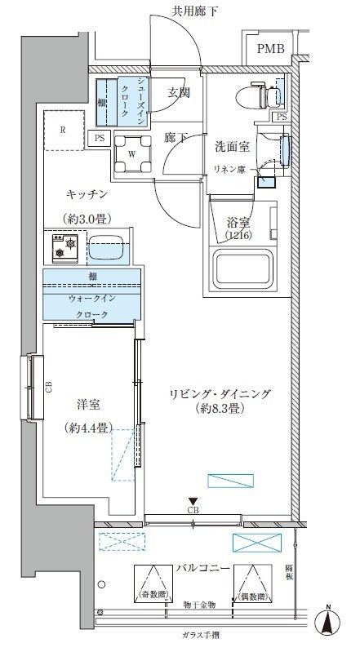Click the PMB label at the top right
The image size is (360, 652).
(x=271, y=49)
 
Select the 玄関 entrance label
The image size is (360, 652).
(x=179, y=92)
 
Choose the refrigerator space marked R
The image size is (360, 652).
(x=63, y=128)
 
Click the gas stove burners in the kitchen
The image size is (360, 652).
(x=64, y=246)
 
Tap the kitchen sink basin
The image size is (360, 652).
(x=106, y=246)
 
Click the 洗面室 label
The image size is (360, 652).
(x=231, y=147)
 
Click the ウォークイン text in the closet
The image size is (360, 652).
(x=91, y=299)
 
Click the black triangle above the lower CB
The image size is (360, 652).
(x=193, y=501)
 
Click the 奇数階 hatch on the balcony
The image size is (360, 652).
(x=150, y=583)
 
